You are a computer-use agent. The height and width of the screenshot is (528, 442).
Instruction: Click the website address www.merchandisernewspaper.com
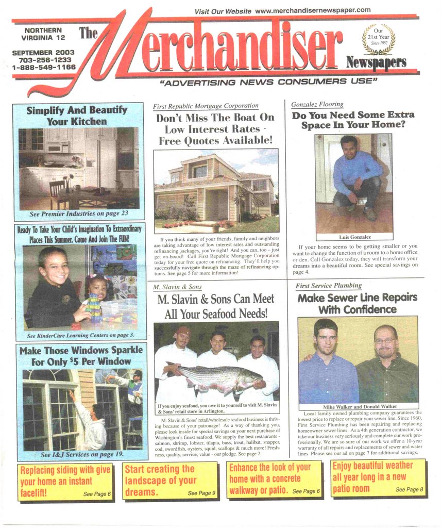313,10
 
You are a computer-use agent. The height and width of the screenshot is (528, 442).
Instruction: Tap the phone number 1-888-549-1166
44,68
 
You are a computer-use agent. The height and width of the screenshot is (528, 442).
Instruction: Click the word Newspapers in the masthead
376,62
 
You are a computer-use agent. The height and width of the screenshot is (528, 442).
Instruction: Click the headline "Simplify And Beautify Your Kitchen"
77,116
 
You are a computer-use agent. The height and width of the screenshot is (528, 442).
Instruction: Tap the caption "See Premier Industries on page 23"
78,213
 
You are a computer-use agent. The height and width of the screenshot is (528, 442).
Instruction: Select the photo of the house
216,191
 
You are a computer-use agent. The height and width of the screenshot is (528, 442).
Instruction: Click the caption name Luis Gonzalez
354,237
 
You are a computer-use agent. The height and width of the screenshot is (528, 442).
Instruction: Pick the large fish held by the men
215,377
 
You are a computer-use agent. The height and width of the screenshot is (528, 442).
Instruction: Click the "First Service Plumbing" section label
329,286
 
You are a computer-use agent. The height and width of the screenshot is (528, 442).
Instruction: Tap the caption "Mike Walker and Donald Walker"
359,407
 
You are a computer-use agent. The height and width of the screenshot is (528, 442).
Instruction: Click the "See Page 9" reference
201,493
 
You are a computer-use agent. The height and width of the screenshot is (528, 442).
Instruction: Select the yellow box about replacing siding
65,481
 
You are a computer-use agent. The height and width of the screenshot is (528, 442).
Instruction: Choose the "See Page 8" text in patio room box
410,489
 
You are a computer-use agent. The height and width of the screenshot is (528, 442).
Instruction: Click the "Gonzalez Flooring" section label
317,104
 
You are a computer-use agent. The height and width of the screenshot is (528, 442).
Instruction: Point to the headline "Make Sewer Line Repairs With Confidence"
357,304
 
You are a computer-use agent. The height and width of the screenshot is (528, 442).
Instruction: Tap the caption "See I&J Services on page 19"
82,454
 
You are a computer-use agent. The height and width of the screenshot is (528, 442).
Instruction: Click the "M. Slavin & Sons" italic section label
178,287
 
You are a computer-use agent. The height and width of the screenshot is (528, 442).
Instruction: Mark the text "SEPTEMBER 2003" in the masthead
43,53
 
